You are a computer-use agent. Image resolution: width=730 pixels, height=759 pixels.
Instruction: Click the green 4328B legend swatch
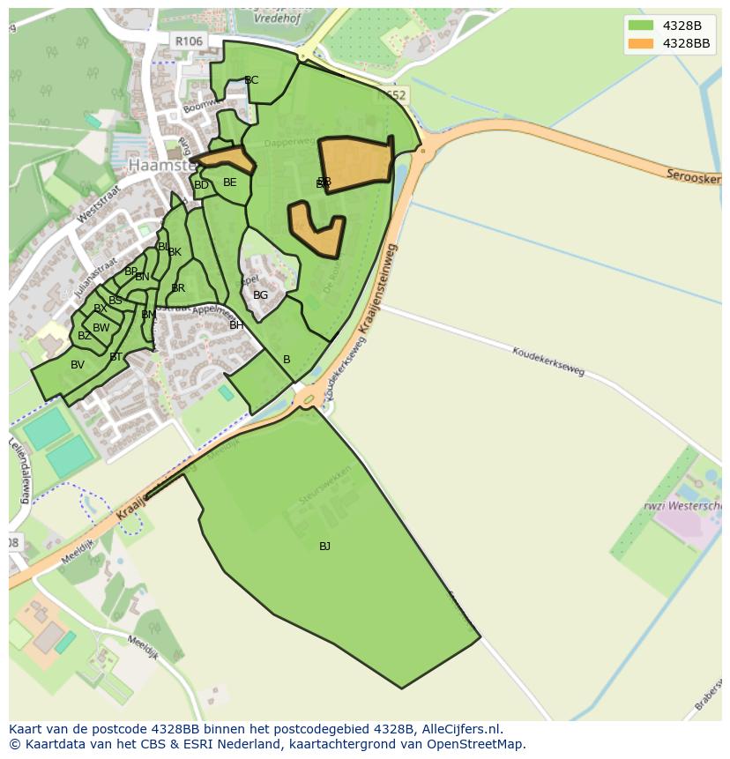641,26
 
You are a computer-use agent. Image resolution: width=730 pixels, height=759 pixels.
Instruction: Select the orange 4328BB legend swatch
641,43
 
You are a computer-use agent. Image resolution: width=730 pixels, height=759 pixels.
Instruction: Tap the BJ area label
324,547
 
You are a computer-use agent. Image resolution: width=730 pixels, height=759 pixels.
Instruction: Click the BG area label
260,295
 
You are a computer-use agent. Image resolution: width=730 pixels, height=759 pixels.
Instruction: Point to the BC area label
251,80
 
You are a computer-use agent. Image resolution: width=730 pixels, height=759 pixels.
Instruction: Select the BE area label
230,182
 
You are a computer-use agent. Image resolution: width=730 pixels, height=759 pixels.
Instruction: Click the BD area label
201,185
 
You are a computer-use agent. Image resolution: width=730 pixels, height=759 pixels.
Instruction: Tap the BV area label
78,365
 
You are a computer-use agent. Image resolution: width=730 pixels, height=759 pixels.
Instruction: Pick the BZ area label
85,336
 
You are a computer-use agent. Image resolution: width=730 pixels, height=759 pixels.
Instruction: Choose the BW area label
101,328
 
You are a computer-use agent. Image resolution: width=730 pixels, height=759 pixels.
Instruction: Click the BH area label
236,325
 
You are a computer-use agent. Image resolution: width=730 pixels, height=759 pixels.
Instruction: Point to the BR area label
178,288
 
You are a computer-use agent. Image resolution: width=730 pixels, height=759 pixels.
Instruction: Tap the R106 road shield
189,41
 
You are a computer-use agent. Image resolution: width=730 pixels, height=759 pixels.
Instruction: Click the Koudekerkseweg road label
548,361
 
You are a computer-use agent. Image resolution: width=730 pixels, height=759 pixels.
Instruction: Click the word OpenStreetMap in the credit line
476,744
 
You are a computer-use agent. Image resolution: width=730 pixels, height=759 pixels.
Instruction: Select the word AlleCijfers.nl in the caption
461,729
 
